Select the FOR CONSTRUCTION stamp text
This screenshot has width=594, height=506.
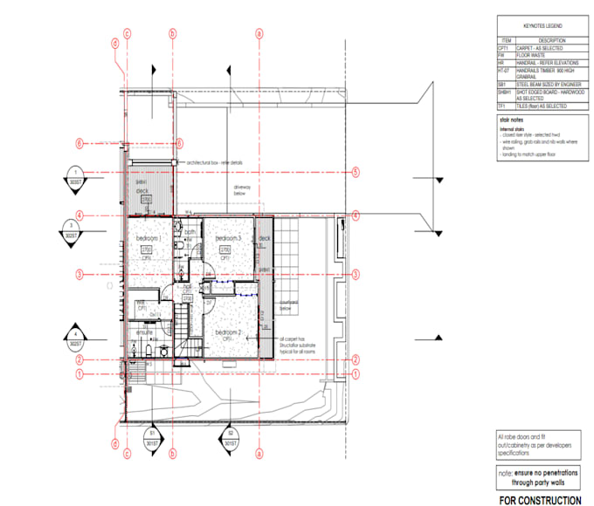(539, 500)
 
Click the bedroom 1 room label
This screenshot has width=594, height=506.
(149, 238)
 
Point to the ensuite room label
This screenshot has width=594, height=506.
(144, 332)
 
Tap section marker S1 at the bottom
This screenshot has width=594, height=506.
(151, 435)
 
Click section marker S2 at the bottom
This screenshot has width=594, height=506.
(231, 435)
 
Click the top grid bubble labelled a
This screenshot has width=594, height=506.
(259, 34)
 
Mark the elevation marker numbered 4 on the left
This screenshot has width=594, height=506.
(78, 337)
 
